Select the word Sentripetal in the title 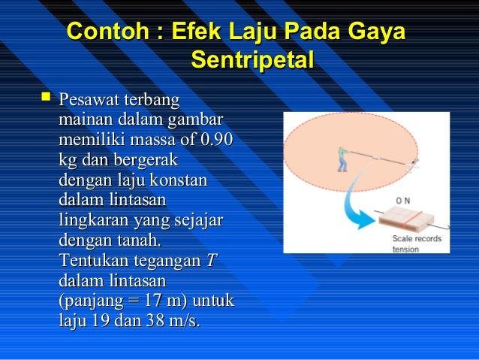point(252,59)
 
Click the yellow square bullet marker point(47,98)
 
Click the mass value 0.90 point(216,140)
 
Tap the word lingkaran point(94,221)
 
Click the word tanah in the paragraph point(137,241)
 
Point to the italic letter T point(211,262)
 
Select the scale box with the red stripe point(406,222)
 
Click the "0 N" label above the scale point(403,201)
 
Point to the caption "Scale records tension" point(417,244)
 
